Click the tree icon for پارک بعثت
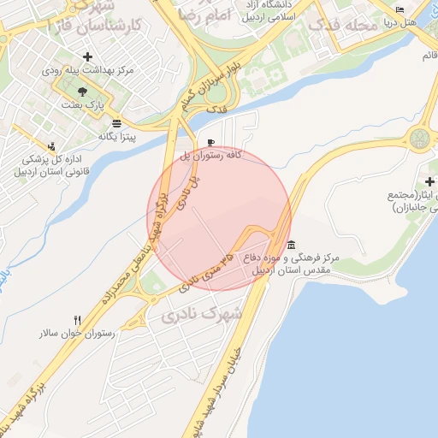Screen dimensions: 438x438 (82, 91)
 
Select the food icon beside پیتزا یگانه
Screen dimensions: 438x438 (116, 122)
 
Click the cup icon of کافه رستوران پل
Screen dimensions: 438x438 (211, 143)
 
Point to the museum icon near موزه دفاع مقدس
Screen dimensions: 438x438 (292, 245)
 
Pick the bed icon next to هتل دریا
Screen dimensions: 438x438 (400, 9)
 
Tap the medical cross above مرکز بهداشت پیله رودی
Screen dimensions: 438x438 (88, 57)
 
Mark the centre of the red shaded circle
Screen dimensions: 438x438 (220, 218)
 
